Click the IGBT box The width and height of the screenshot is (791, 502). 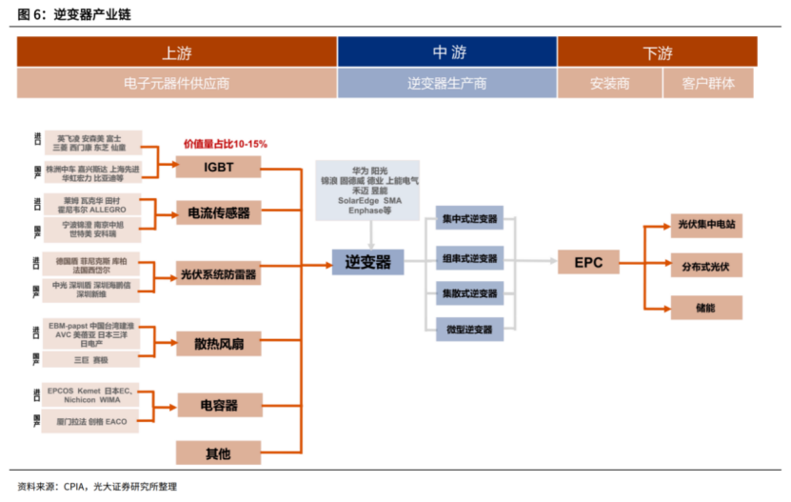[x=218, y=167]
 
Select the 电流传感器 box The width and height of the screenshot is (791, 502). [x=218, y=212]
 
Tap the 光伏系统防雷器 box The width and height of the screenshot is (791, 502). [x=218, y=275]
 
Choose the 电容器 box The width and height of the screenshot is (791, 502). [x=218, y=405]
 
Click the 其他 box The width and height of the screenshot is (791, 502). [x=218, y=452]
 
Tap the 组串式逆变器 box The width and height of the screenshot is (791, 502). [x=469, y=257]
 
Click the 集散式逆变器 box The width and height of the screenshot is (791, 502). [x=469, y=292]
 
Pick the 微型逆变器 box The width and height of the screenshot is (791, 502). [x=469, y=329]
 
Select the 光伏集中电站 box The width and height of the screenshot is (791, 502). [x=705, y=226]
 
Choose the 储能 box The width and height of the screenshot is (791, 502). [x=705, y=307]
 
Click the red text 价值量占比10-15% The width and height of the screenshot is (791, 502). [x=226, y=144]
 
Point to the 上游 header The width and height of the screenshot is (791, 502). [x=177, y=52]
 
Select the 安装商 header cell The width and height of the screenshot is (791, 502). [x=609, y=83]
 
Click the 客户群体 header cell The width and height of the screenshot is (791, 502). [x=708, y=83]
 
